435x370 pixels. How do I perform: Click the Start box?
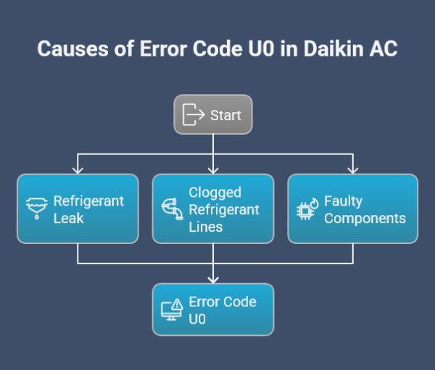(213, 114)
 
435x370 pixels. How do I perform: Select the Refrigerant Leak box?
(78, 209)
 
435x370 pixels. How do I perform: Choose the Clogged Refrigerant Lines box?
(213, 209)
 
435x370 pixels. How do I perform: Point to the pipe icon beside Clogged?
(172, 209)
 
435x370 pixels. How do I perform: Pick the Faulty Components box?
(353, 209)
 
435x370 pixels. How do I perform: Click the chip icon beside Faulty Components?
(308, 209)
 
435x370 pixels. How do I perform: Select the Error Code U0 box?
(213, 309)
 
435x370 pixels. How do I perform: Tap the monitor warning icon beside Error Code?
(172, 310)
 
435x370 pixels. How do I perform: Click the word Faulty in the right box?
(343, 201)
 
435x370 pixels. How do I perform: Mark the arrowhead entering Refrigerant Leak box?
(78, 170)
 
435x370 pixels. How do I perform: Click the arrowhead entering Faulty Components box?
(353, 170)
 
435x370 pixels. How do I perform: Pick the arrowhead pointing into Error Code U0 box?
(213, 279)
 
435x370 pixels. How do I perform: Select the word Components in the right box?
(365, 218)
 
